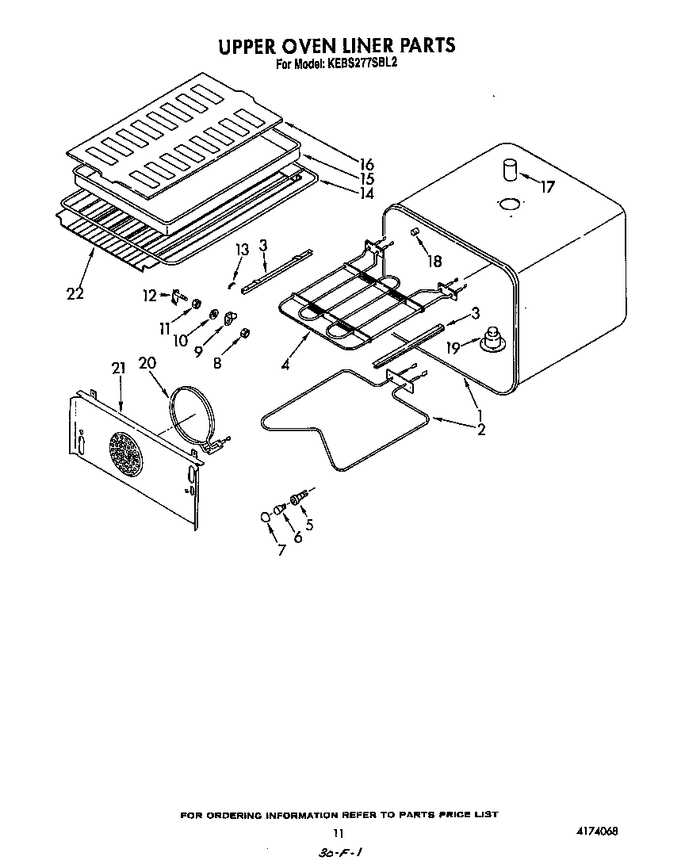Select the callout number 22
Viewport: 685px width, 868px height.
coord(75,293)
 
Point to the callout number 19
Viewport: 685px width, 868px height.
coord(452,347)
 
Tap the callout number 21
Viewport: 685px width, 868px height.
coord(119,368)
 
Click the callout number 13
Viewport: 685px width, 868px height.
coord(241,250)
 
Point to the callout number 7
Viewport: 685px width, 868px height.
coord(280,549)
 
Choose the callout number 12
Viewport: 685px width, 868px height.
coord(149,296)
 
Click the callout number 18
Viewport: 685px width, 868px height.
coord(434,261)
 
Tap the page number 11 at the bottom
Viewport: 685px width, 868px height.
coord(339,833)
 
